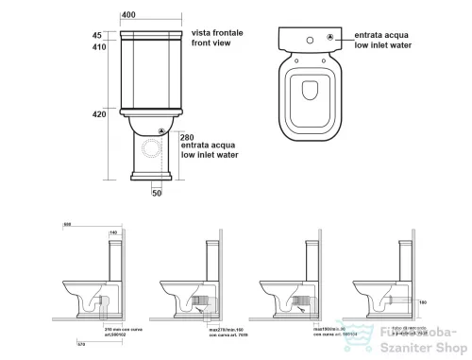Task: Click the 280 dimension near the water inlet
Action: click(x=187, y=137)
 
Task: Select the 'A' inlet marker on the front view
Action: click(x=161, y=131)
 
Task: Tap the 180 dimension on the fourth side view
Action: click(x=423, y=304)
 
